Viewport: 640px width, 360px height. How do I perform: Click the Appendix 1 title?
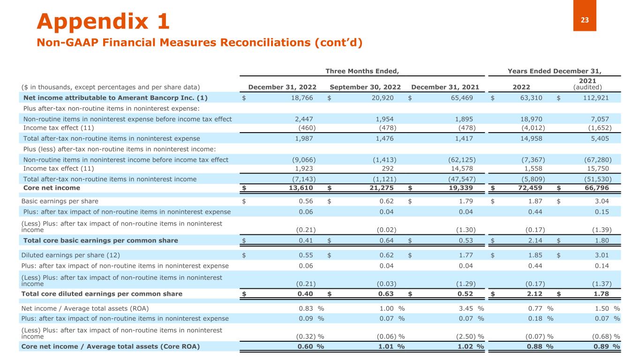[103, 22]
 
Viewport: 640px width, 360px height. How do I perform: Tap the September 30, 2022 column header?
[365, 87]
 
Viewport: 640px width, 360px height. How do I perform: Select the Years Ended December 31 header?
[555, 71]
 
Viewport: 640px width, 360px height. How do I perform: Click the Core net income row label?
[52, 188]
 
